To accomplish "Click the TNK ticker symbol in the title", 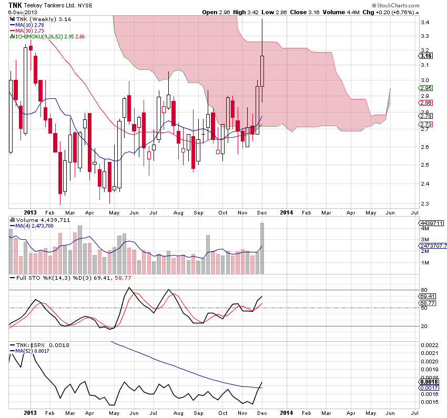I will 14,4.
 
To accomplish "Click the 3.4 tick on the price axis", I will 424,23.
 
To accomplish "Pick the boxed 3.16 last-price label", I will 426,55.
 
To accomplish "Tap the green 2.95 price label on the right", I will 425,88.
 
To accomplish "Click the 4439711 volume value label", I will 432,223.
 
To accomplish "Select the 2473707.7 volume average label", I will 433,246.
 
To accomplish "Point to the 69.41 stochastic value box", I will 425,297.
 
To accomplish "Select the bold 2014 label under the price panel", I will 286,212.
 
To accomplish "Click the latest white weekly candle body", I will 262,71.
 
